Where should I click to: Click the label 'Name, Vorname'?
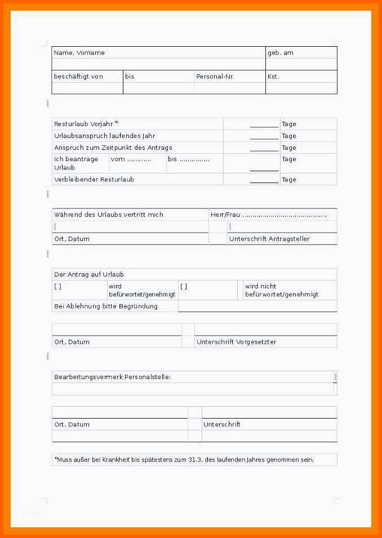coord(79,52)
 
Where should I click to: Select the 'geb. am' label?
coord(280,52)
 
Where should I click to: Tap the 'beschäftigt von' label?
coord(78,76)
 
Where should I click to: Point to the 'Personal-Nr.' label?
coord(215,76)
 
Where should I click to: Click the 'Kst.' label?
coord(273,76)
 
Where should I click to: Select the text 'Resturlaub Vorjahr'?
coord(83,124)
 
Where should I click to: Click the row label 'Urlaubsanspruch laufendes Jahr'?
coord(104,136)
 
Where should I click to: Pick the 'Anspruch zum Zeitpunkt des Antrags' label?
coord(113,148)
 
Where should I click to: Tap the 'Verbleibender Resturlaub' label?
coord(94,180)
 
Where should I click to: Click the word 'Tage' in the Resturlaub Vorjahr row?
coord(288,124)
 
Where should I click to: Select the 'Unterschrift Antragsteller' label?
coord(269,239)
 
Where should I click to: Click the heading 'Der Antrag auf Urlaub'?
coord(88,274)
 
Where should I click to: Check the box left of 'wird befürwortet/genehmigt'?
coord(57,286)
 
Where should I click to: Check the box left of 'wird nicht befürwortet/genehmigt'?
coord(184,286)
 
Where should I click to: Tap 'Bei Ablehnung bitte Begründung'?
coord(105,306)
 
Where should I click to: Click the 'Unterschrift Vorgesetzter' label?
coord(236,342)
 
